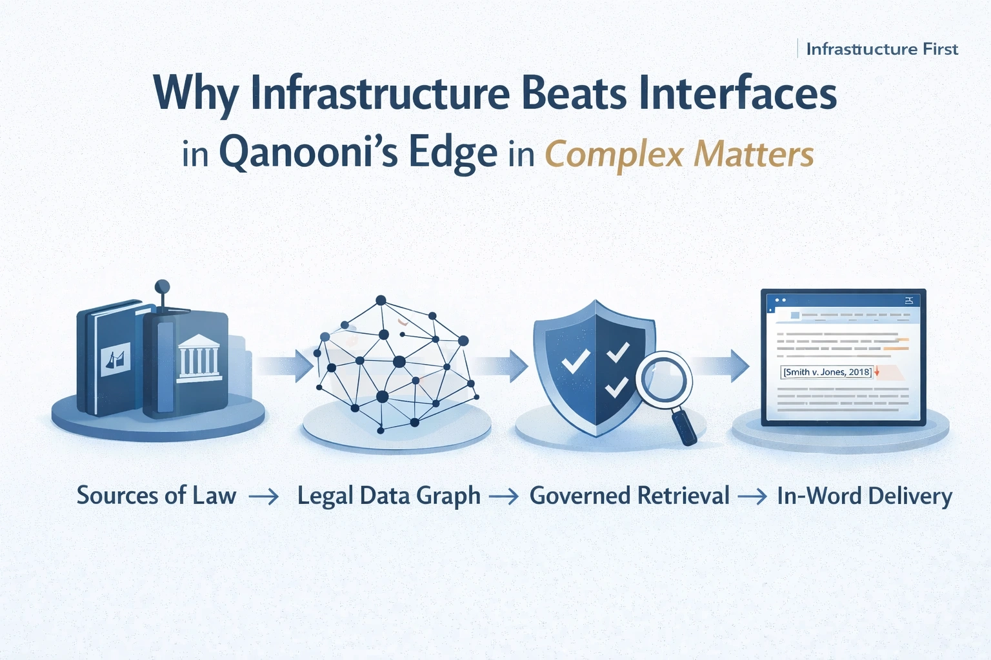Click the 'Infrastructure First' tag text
tap(881, 50)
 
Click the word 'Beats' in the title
tap(573, 94)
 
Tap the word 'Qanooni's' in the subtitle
tap(308, 153)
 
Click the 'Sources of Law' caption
tap(157, 496)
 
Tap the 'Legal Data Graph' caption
tap(388, 496)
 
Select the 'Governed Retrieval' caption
tap(629, 496)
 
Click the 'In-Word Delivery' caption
tap(865, 496)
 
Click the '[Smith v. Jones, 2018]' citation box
tap(827, 372)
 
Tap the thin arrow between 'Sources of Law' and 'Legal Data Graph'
tap(264, 496)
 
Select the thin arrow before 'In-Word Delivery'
tap(753, 496)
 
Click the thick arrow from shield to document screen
tap(721, 366)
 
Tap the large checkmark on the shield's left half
tap(576, 361)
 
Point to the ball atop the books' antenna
tap(163, 286)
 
